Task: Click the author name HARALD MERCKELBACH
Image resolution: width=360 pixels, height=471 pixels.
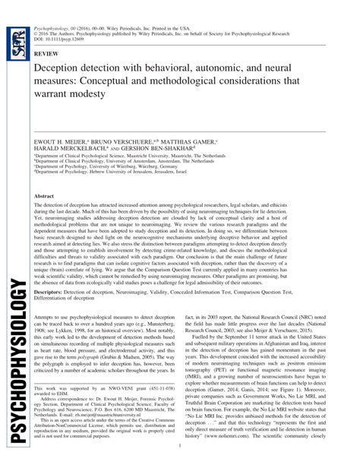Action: pyautogui.click(x=80, y=150)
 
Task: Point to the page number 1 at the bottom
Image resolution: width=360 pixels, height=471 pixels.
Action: pyautogui.click(x=179, y=456)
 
